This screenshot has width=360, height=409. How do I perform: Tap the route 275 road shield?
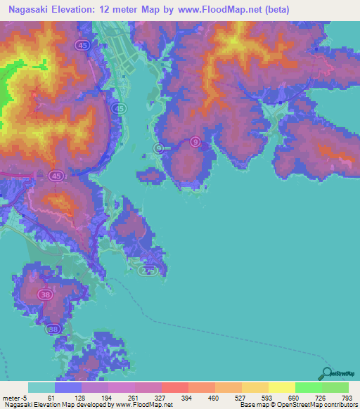(147, 271)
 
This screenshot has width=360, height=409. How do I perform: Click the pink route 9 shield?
(194, 142)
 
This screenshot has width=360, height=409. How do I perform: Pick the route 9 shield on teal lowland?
(160, 148)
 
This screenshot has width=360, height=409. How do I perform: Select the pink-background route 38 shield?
(46, 296)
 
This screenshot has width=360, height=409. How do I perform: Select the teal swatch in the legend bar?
(41, 387)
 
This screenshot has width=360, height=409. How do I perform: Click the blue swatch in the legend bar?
(68, 387)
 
